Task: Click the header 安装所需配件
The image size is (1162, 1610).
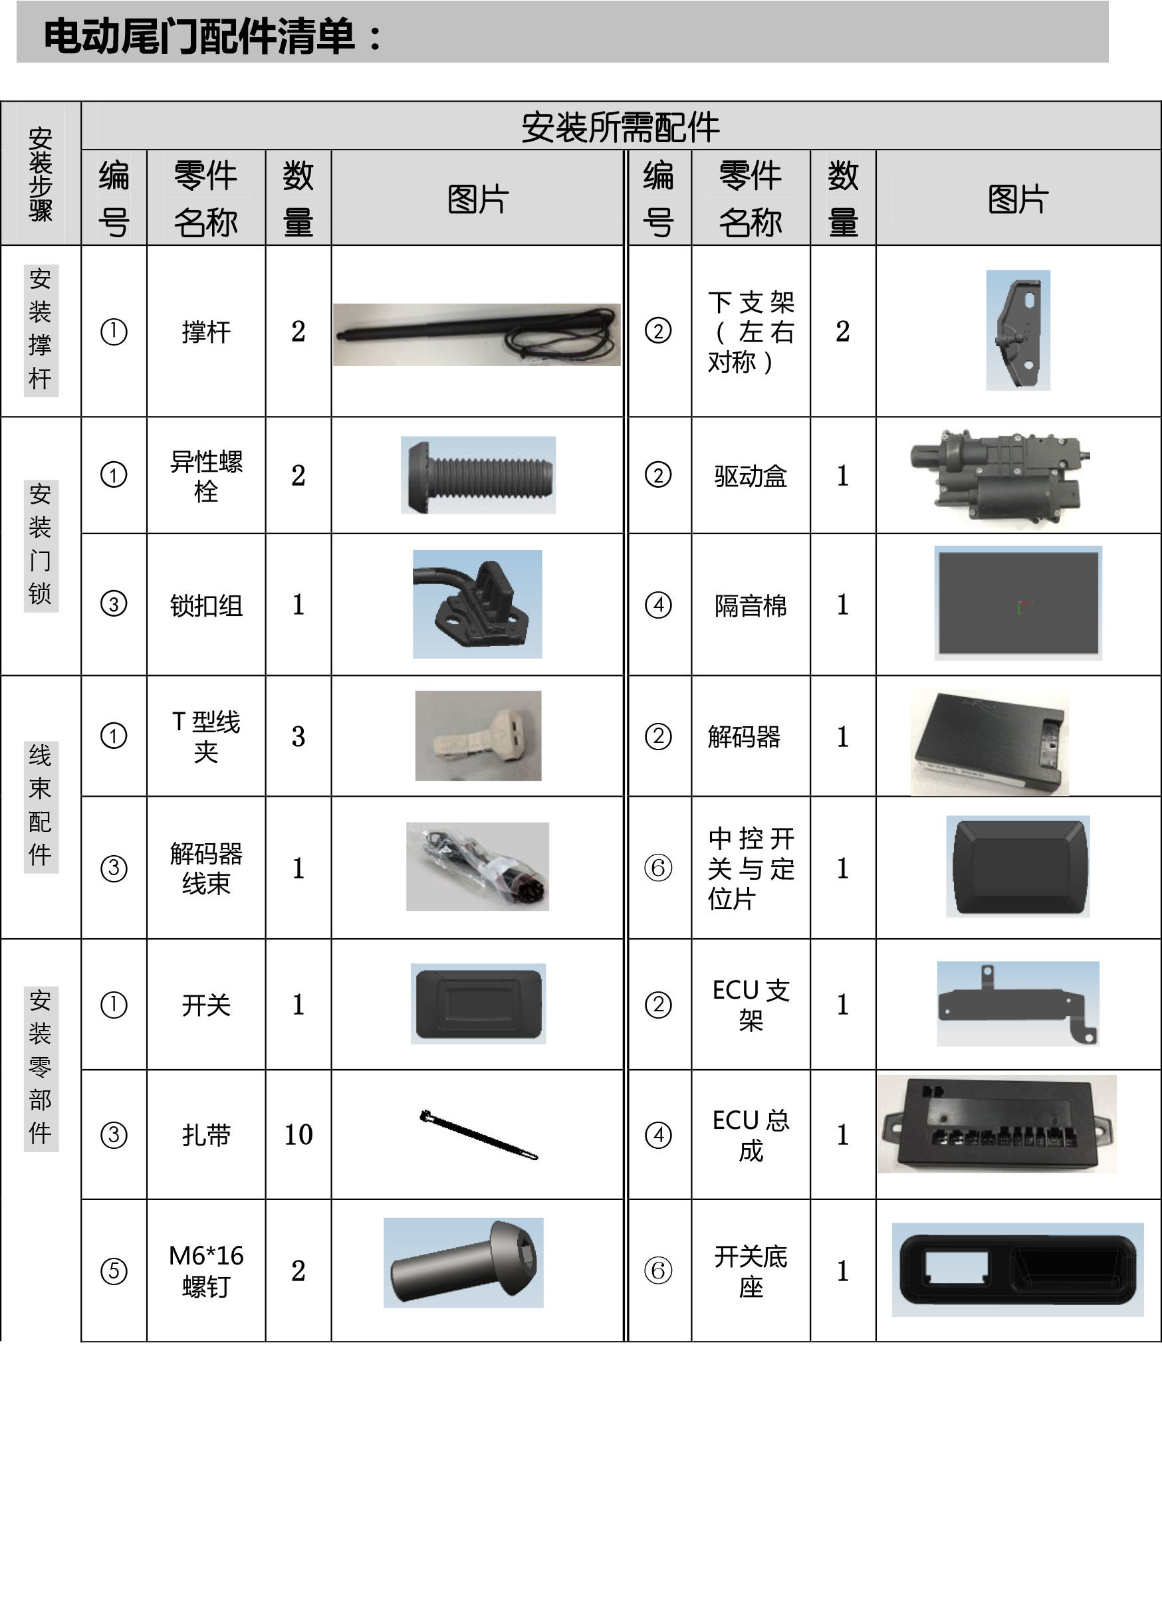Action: click(620, 127)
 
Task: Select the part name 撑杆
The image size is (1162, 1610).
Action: click(206, 332)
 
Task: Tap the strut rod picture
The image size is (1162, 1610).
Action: click(477, 334)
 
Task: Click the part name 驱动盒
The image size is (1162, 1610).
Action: click(750, 476)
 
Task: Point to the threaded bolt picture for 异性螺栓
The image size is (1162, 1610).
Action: click(478, 475)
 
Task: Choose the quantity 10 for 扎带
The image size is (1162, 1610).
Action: click(298, 1134)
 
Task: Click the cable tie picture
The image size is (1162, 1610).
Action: click(479, 1135)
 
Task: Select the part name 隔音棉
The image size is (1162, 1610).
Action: click(750, 605)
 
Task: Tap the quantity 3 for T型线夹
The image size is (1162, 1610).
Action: click(298, 736)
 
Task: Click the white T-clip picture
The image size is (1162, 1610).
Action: click(478, 736)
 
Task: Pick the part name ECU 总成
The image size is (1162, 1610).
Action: click(751, 1135)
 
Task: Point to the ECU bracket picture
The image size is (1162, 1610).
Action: click(1018, 1004)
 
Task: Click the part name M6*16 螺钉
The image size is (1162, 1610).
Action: click(206, 1270)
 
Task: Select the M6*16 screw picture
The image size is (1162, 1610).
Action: click(463, 1263)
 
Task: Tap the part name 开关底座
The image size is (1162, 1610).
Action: click(751, 1271)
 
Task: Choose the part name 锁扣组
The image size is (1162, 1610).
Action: click(206, 605)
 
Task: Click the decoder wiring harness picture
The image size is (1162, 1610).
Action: click(477, 866)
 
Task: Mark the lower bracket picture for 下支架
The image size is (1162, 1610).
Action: click(1018, 330)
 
